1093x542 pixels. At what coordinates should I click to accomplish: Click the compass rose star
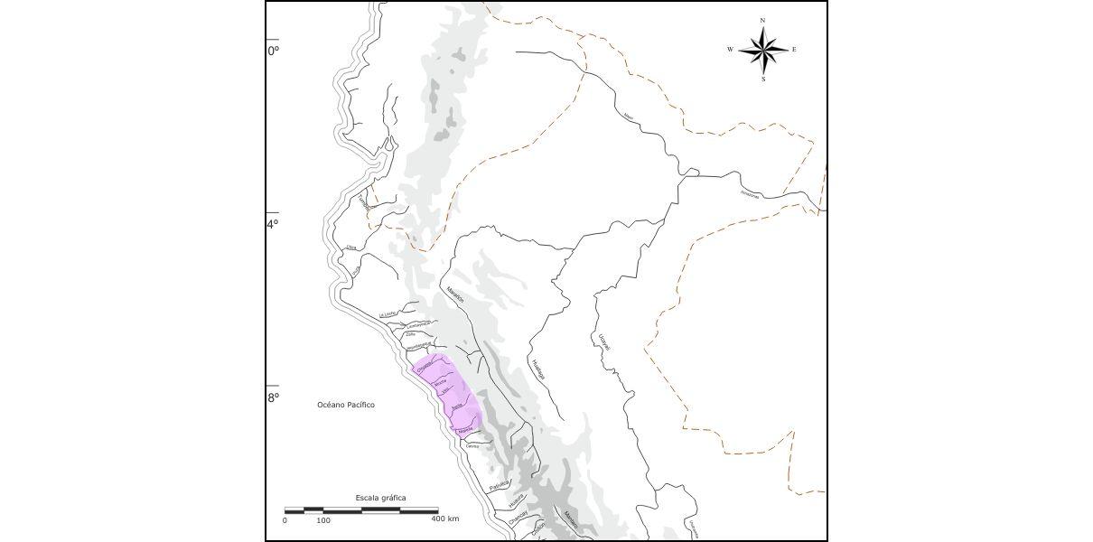click(763, 50)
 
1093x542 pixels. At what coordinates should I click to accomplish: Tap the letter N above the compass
click(763, 20)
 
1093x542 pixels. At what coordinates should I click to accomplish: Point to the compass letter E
click(794, 50)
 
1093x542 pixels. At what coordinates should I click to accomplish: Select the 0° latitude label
click(273, 51)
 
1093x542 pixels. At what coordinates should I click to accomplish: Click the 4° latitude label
click(273, 224)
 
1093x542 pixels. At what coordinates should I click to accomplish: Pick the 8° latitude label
click(273, 397)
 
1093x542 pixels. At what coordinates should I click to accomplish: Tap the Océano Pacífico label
click(346, 405)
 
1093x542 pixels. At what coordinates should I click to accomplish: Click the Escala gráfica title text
click(380, 498)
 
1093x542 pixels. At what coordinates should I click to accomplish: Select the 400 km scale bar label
click(444, 519)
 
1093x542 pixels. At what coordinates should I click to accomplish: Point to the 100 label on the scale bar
click(322, 520)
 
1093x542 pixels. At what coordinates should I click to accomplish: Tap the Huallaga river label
click(539, 370)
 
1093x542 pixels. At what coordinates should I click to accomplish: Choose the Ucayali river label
click(604, 342)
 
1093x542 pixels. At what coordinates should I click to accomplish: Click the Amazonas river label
click(750, 193)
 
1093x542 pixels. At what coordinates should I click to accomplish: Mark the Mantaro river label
click(570, 518)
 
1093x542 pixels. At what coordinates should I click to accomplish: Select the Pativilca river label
click(499, 486)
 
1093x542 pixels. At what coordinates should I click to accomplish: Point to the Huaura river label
click(516, 500)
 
